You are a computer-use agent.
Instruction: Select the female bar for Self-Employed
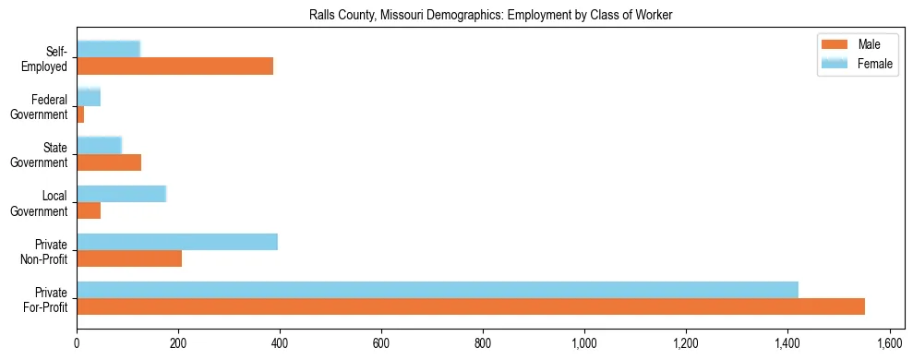pos(108,49)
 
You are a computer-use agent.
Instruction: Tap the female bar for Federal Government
pos(89,97)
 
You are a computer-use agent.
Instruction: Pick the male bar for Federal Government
pos(80,114)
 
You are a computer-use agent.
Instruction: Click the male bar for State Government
pos(109,162)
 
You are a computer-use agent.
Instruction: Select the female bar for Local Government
pos(121,194)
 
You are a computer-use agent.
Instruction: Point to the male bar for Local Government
pos(89,210)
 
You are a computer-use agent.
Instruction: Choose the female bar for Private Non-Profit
pos(177,242)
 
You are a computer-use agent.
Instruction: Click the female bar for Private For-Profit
pos(438,290)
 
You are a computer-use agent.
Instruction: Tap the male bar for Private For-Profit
pos(471,306)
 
